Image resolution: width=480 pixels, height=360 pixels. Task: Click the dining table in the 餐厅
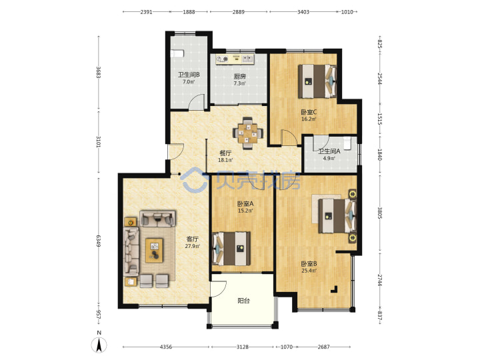coord(248,133)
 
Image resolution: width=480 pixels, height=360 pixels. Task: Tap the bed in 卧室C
coord(317,81)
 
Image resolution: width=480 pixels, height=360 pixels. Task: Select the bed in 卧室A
coord(231,249)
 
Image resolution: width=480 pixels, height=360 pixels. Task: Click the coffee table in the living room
coord(154,250)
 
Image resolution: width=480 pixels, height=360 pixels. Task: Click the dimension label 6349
coord(99,241)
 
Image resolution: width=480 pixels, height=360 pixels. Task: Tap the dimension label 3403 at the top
coord(303,12)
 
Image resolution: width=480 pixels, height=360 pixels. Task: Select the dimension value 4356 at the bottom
coord(166,347)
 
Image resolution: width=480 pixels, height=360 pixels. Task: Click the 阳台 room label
coord(244,301)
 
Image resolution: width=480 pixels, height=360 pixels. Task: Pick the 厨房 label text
coord(240,77)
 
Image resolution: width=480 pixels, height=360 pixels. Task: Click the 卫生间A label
coord(329,151)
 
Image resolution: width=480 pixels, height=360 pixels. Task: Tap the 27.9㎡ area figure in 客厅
coord(192,246)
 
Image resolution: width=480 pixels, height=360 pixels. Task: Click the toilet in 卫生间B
coord(177,54)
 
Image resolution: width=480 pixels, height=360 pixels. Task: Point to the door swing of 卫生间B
coord(196,101)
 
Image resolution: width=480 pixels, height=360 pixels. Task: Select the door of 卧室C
coord(289,137)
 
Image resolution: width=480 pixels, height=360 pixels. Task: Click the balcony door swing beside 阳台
coord(219,289)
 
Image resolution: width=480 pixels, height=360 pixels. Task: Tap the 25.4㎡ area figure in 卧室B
coord(309,271)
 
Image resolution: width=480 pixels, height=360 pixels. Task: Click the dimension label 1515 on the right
coord(379,119)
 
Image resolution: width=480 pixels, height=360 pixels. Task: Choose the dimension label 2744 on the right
coord(379,280)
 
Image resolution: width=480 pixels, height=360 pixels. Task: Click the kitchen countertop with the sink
coord(235,59)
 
